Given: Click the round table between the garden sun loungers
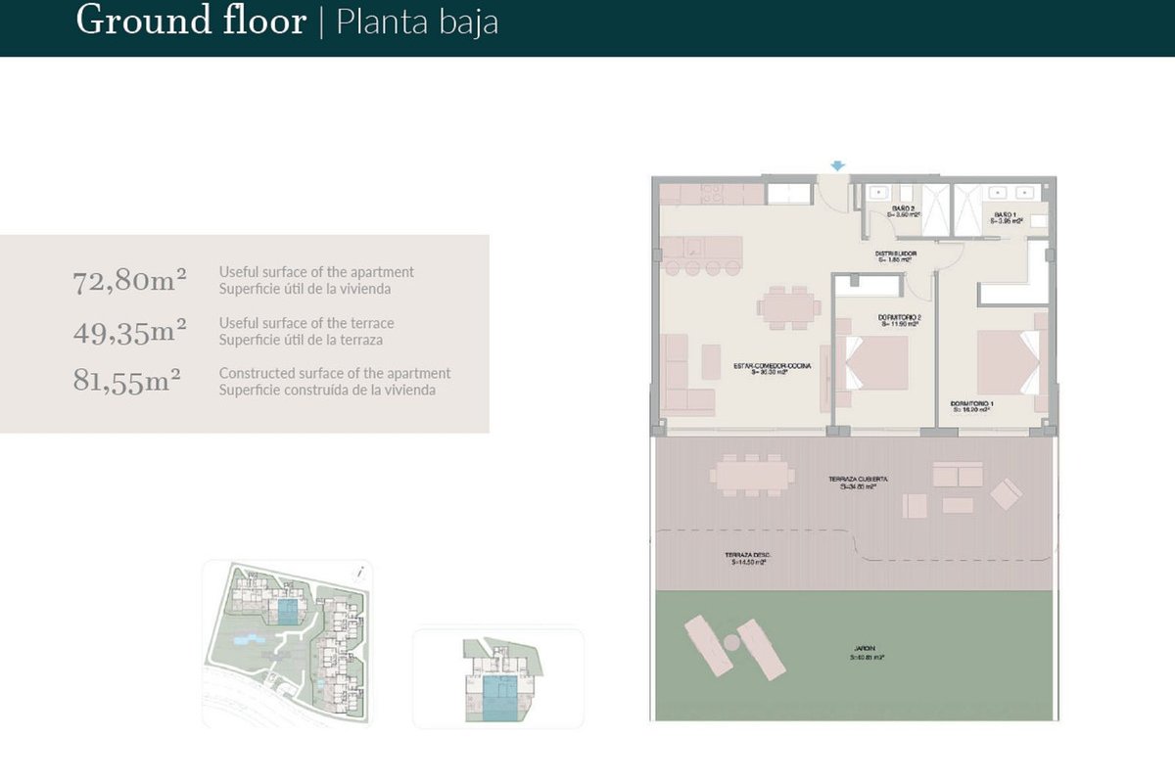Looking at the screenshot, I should (729, 642).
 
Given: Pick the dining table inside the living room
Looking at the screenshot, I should (789, 308).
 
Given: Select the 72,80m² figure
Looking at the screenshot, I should (130, 282).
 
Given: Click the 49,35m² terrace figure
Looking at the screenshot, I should (130, 332).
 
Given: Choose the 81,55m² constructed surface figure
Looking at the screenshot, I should (127, 381).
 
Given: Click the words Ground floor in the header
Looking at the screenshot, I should (191, 21).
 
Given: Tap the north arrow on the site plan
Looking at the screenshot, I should (361, 573).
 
